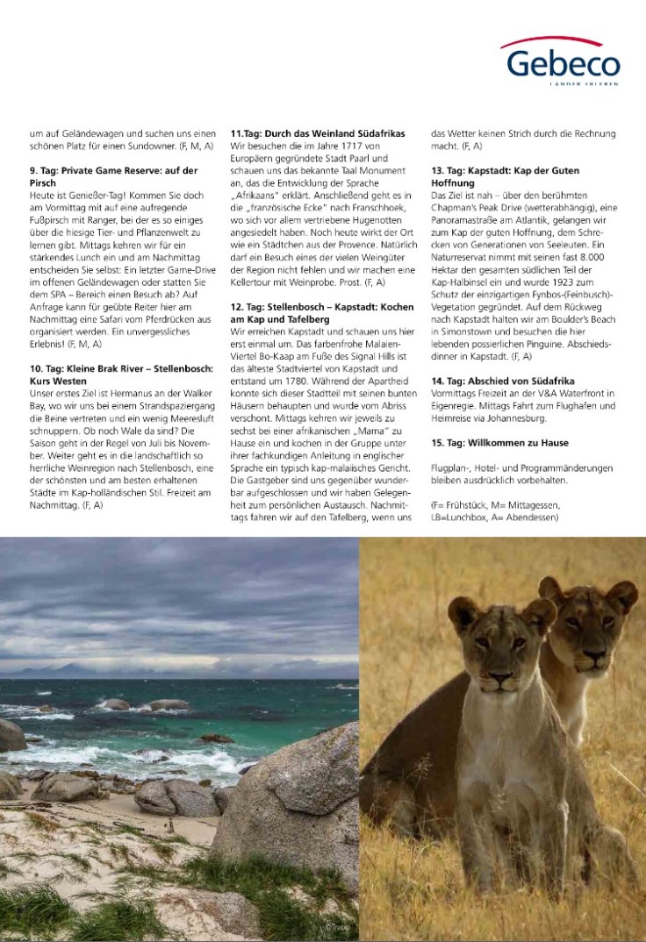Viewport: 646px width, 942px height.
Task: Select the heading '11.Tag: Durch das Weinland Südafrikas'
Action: coord(317,132)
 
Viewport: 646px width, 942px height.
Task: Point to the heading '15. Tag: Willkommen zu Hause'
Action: coord(499,443)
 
